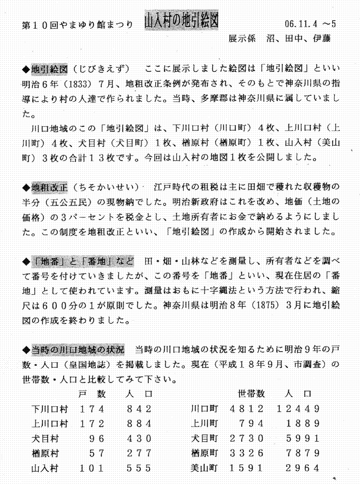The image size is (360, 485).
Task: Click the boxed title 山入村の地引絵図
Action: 180,20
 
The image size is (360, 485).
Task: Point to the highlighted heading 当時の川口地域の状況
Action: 78,350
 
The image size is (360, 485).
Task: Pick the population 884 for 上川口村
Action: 140,423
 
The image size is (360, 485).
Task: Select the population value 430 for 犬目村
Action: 140,438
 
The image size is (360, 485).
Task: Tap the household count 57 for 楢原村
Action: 97,453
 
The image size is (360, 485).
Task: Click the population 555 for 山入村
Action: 140,468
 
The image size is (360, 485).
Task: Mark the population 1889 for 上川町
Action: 305,423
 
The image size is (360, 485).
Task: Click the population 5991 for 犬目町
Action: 305,438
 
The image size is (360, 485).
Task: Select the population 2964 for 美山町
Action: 305,468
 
